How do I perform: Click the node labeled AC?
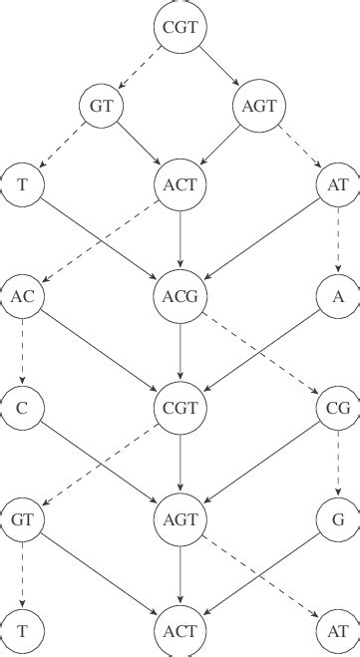pos(23,295)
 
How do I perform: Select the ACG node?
pos(180,295)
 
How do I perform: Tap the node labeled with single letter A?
pos(338,295)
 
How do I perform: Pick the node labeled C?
pos(23,407)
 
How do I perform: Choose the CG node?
pos(338,407)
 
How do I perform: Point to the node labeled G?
pos(338,518)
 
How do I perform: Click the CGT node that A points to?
pos(180,407)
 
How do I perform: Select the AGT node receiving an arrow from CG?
pos(180,518)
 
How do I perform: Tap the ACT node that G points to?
pos(180,630)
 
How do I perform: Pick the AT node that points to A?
pos(338,183)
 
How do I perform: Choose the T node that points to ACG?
pos(23,183)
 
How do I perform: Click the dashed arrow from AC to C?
pos(23,351)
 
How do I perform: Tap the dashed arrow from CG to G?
pos(338,463)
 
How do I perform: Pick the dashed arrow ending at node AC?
pos(100,240)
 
